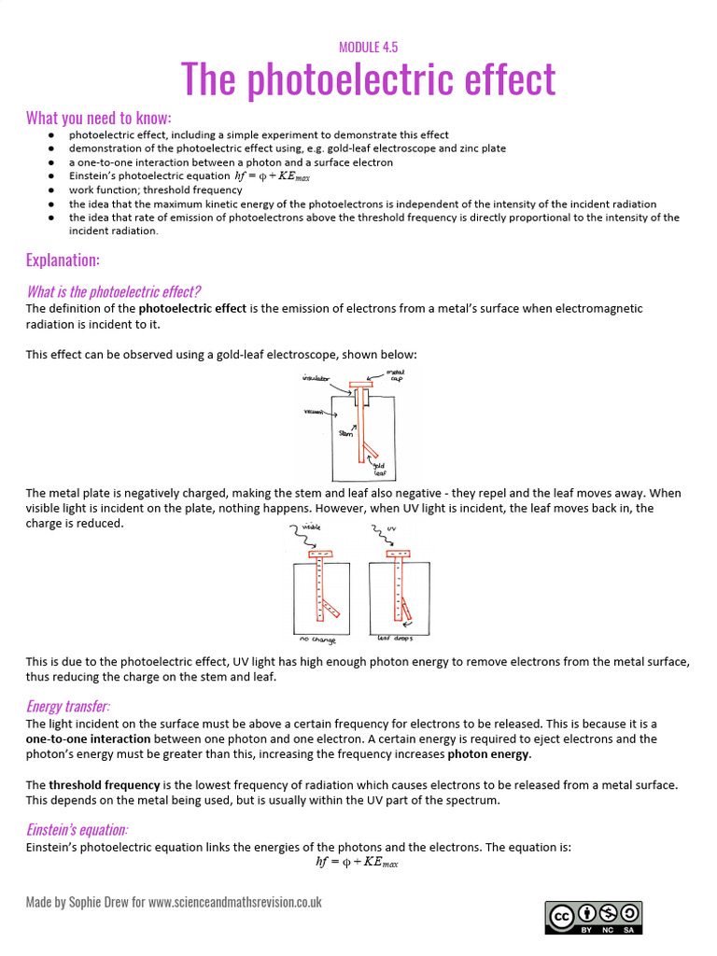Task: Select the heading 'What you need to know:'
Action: [x=99, y=118]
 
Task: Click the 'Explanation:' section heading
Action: [x=63, y=260]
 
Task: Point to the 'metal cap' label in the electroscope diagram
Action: [x=396, y=374]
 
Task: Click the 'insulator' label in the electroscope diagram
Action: [x=316, y=378]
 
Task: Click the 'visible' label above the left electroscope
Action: [x=313, y=527]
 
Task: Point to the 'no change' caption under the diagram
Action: [x=316, y=640]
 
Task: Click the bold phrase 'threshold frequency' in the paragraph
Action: [x=104, y=785]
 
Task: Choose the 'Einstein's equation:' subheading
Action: [x=77, y=829]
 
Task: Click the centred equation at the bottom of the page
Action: [x=358, y=863]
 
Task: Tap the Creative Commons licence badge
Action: [x=594, y=917]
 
